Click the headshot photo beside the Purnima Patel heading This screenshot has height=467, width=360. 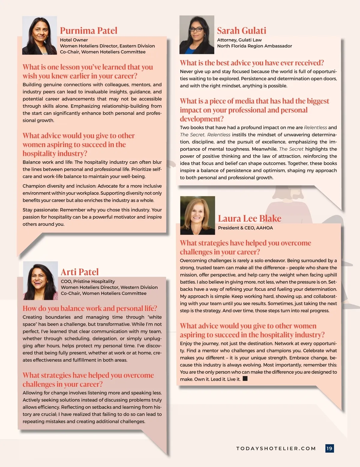40,35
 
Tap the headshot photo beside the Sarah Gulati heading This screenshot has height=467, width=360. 197,35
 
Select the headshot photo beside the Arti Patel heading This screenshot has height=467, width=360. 40,281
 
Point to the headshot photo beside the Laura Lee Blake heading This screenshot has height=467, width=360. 197,215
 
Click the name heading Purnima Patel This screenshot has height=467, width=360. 88,31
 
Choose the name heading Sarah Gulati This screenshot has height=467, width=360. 241,31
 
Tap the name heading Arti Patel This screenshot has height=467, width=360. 79,272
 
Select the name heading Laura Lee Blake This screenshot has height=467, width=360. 250,218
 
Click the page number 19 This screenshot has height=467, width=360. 329,448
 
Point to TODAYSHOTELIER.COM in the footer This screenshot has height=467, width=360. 276,448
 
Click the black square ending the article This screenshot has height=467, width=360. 245,379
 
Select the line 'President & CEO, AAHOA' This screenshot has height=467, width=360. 245,228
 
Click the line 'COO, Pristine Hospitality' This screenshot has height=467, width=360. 88,281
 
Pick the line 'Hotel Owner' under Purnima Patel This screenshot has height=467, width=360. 74,40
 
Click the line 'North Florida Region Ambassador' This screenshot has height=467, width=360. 254,46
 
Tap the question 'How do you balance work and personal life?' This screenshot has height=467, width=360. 90,308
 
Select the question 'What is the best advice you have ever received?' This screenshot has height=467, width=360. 252,63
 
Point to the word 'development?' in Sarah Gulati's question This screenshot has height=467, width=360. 202,119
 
